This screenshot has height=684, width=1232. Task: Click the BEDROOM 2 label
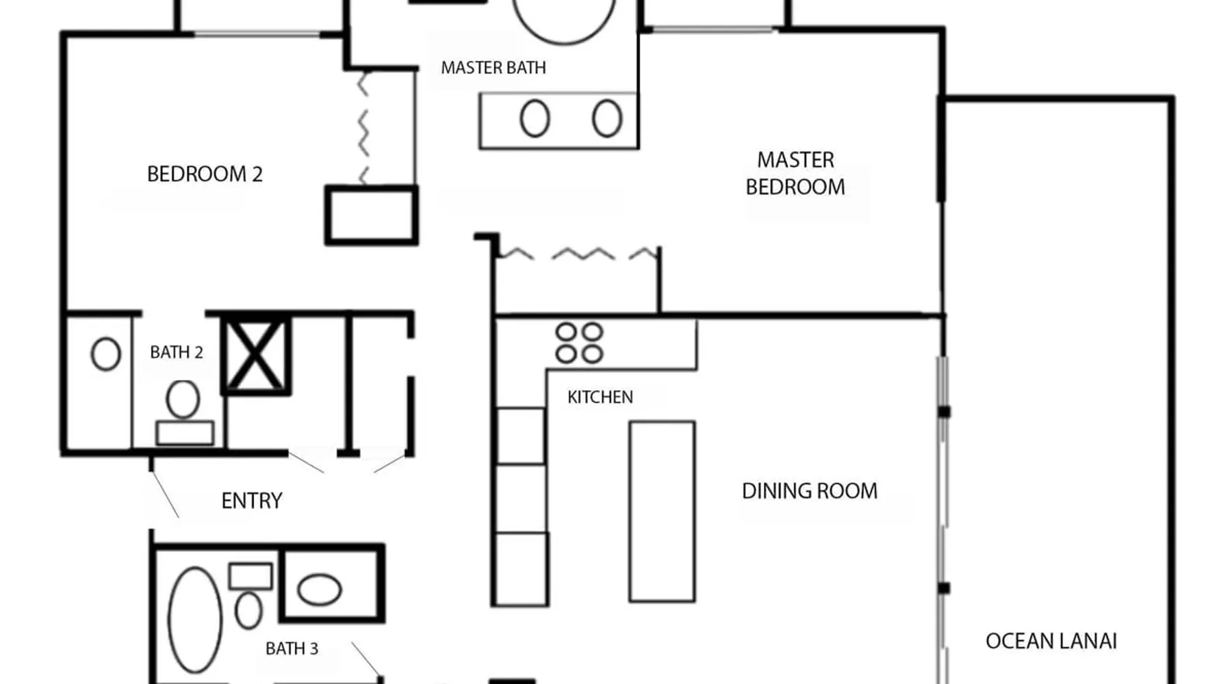coord(205,174)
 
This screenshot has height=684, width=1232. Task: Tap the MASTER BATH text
coord(493,68)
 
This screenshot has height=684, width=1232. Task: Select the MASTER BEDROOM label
coord(795,173)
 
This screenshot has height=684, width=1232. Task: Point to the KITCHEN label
coord(600,397)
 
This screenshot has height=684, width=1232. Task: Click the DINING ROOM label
coord(810,491)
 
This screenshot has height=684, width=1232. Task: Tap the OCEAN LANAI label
coord(1051,642)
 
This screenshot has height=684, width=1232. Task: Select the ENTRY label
coord(252,501)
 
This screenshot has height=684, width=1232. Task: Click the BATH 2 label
coord(177,352)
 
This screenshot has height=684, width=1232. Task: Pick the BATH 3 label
coord(292,648)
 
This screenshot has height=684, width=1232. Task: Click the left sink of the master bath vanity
coord(535,118)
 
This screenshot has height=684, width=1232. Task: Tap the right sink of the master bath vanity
coord(607,118)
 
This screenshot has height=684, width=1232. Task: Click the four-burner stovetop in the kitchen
coord(579,343)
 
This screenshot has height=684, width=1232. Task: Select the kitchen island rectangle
coord(662,512)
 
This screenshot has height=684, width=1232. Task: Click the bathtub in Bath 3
coord(195,620)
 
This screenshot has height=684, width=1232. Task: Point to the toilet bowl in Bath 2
coord(183,399)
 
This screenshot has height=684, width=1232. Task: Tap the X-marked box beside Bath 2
coord(255,355)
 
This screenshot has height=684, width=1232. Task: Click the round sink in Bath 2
coord(105,354)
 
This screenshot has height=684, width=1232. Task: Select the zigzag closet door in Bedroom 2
coord(363,128)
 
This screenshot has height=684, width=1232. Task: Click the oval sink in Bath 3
coord(319,590)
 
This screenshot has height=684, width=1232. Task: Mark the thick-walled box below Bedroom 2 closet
coord(371,215)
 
